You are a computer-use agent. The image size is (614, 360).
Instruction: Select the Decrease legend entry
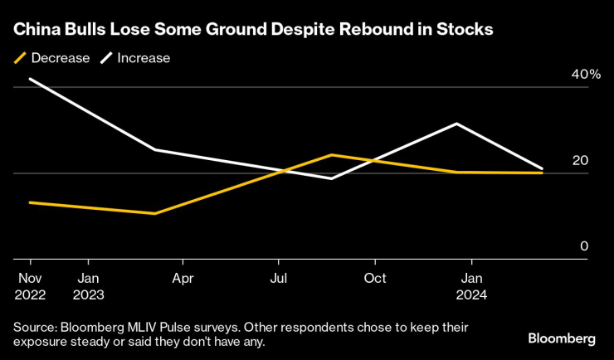click(51, 58)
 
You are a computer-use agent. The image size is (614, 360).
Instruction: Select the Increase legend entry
click(135, 58)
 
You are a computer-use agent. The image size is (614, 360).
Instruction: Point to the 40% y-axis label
click(585, 75)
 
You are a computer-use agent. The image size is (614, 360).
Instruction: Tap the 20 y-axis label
click(580, 160)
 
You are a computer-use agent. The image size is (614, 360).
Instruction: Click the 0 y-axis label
click(584, 246)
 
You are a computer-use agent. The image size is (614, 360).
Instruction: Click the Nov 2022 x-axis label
click(30, 285)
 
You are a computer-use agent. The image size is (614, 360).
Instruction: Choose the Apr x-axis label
click(183, 278)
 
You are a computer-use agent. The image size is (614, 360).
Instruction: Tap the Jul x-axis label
click(279, 278)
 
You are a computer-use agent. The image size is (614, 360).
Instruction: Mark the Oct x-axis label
click(375, 278)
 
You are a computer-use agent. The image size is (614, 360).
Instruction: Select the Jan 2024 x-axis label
click(472, 285)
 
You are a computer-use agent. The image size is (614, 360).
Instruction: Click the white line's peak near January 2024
click(456, 124)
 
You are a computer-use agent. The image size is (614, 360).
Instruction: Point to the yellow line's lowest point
click(155, 213)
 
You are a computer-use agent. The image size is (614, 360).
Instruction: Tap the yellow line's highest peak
click(331, 155)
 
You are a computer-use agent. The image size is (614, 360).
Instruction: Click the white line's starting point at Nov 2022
click(30, 79)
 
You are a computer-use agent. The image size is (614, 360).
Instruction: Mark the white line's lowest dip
click(331, 178)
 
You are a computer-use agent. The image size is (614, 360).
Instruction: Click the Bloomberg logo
click(562, 338)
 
